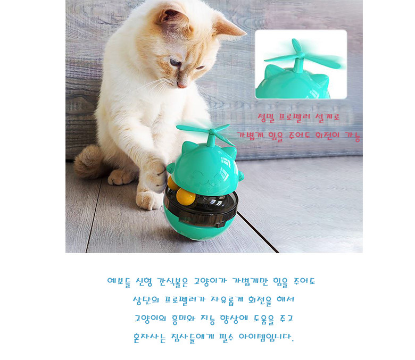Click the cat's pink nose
click(x=182, y=85)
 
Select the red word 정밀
click(x=266, y=118)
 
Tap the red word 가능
click(x=352, y=136)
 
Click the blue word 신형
click(x=144, y=281)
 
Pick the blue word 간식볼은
click(x=172, y=281)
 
